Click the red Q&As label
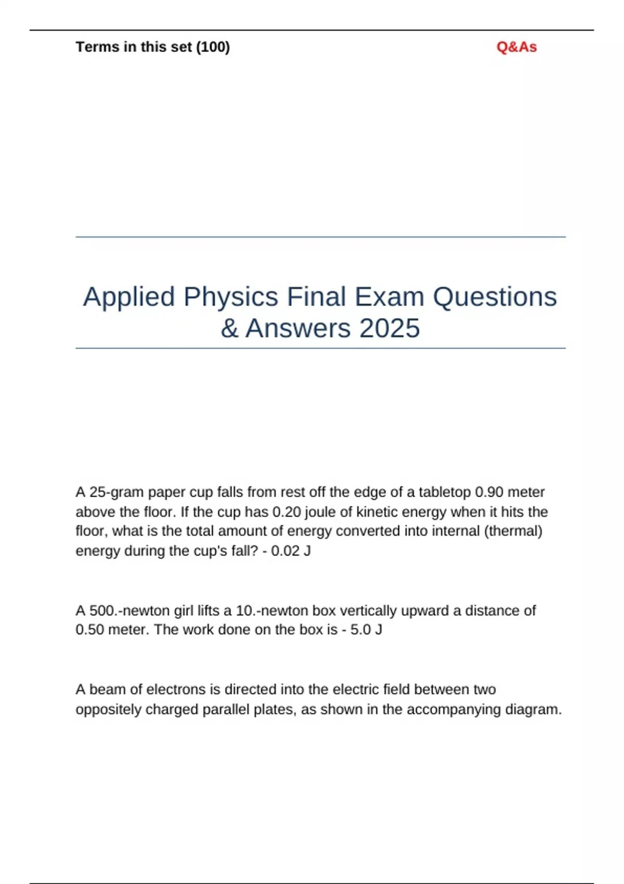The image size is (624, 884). (x=516, y=47)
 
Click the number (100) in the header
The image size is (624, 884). (x=213, y=47)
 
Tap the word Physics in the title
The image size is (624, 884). (x=231, y=297)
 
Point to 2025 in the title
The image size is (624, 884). (x=389, y=328)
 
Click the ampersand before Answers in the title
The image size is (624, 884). (x=229, y=328)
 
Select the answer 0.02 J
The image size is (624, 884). (x=291, y=551)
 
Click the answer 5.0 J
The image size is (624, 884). (x=366, y=630)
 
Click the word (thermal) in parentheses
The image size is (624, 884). (x=513, y=531)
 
